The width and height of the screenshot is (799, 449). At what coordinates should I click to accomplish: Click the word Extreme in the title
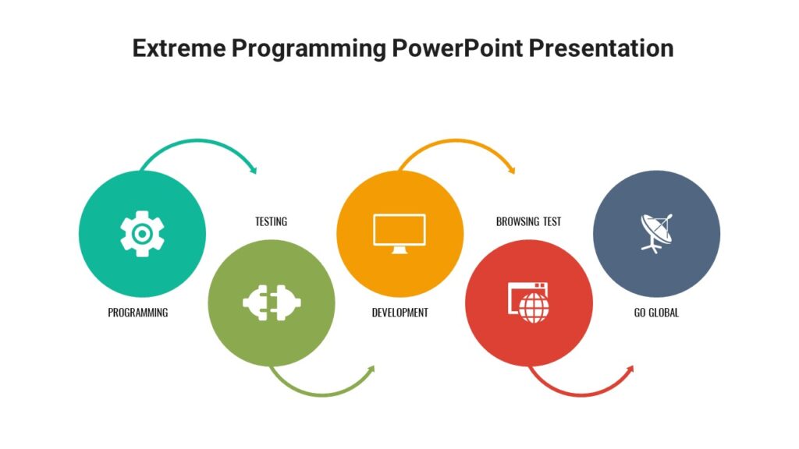click(177, 48)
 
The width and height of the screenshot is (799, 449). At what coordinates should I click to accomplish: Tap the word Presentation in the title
click(601, 48)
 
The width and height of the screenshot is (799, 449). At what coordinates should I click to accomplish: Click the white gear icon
click(142, 234)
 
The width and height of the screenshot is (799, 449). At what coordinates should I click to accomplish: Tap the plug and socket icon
click(272, 302)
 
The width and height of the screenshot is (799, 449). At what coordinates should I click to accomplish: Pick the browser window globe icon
click(528, 302)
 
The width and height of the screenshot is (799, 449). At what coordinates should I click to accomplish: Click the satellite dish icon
click(656, 232)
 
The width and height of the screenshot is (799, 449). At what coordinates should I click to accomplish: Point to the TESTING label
click(271, 221)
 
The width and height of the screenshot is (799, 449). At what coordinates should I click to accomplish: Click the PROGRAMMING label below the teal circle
click(138, 313)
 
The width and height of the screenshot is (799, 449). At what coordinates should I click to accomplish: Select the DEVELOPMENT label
click(399, 313)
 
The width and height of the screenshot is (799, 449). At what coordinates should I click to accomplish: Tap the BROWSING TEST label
click(528, 221)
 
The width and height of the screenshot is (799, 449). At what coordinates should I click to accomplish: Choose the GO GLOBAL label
click(656, 313)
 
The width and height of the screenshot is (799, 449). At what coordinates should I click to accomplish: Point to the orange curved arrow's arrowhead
click(511, 169)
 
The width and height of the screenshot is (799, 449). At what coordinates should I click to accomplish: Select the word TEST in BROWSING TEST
click(550, 221)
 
